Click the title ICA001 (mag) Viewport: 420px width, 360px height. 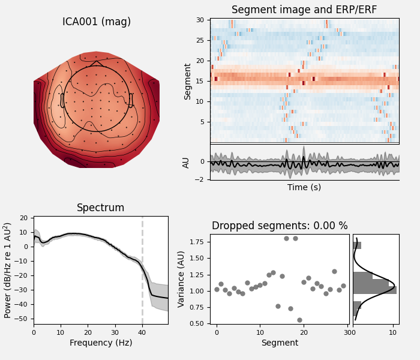pyautogui.click(x=97, y=22)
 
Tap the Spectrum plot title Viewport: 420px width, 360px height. pyautogui.click(x=100, y=208)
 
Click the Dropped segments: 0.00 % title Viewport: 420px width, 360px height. pyautogui.click(x=280, y=226)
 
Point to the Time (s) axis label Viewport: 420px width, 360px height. pyautogui.click(x=304, y=187)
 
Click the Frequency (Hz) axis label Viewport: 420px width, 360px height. pyautogui.click(x=100, y=343)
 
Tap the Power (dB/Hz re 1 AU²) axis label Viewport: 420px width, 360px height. pyautogui.click(x=8, y=270)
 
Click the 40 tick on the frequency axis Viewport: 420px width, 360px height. pyautogui.click(x=142, y=332)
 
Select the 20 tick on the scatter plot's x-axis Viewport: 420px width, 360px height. pyautogui.click(x=304, y=332)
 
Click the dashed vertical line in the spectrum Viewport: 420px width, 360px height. pyautogui.click(x=142, y=270)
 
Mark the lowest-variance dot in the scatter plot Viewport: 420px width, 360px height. pyautogui.click(x=299, y=320)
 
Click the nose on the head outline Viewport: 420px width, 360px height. pyautogui.click(x=97, y=62)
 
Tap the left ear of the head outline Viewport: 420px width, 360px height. pyautogui.click(x=62, y=100)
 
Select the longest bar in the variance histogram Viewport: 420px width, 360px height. pyautogui.click(x=374, y=290)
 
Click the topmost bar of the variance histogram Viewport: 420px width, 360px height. pyautogui.click(x=357, y=245)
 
